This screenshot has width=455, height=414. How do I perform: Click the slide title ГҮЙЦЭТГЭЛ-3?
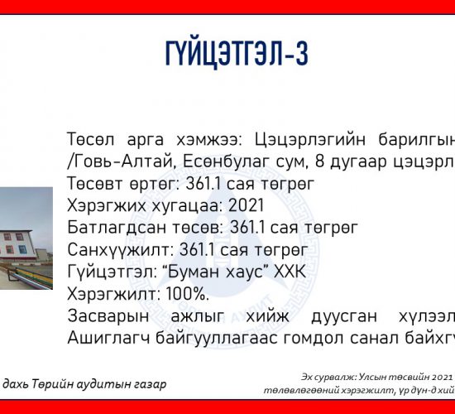pos(237,54)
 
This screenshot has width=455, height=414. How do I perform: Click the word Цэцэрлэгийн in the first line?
pos(310,139)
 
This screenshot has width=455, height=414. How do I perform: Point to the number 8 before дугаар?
pos(319,161)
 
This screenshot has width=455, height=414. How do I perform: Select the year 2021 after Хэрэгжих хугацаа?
pos(246,205)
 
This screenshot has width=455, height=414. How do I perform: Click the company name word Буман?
pos(189,272)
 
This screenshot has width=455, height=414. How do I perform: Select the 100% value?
pos(188,294)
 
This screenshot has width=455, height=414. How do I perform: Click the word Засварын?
pos(108,316)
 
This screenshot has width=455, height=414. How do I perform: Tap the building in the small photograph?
pos(17,245)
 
